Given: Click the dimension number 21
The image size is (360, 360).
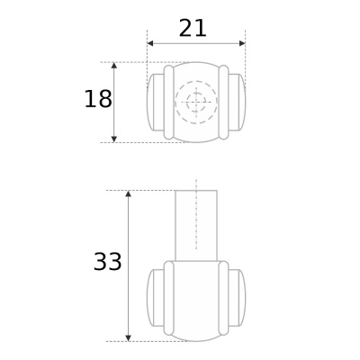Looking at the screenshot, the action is [193, 28].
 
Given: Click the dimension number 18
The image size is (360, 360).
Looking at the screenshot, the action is [98, 99].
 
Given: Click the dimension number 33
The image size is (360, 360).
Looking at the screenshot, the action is [107, 262].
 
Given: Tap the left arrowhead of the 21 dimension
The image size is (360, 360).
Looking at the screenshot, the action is [150, 43].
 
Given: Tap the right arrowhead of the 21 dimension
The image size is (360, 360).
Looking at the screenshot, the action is [242, 43].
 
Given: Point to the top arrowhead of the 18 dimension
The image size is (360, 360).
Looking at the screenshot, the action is [114, 66].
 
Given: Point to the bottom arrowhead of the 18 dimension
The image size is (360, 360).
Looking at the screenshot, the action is [114, 139].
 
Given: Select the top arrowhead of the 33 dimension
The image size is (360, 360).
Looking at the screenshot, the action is [129, 193].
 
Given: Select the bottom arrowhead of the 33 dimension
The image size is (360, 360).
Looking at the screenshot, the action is [129, 337].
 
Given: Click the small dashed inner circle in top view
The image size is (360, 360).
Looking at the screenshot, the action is [196, 94].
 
